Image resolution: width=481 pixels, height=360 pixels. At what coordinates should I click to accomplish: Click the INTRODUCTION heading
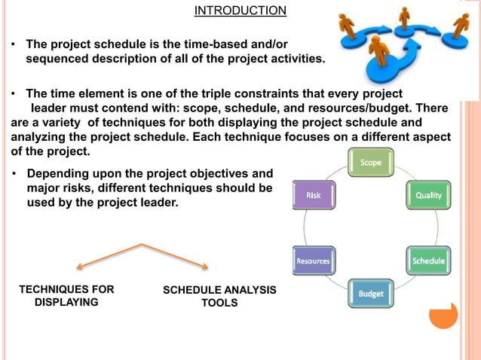coord(240,11)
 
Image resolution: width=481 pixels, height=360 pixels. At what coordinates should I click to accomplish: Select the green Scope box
coord(370,163)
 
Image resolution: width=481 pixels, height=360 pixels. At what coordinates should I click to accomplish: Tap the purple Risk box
coord(313,195)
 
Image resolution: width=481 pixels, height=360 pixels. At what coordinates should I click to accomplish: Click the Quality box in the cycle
coord(427,195)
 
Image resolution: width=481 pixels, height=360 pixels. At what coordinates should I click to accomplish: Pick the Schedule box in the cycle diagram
coord(427,261)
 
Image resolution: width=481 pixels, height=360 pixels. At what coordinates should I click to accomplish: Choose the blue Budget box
coord(370,293)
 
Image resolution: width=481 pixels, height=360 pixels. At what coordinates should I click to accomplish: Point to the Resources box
coord(313,261)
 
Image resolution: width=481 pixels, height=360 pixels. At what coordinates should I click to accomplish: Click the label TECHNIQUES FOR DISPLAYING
coord(67,296)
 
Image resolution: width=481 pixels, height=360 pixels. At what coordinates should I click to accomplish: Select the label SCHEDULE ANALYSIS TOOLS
coord(219,296)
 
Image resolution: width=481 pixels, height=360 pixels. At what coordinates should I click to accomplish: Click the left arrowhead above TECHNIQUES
coord(79,265)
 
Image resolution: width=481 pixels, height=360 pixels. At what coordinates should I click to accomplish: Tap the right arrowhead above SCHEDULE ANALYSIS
coord(205,265)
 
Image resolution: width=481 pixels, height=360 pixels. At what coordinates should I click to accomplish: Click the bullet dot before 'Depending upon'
coord(14,174)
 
